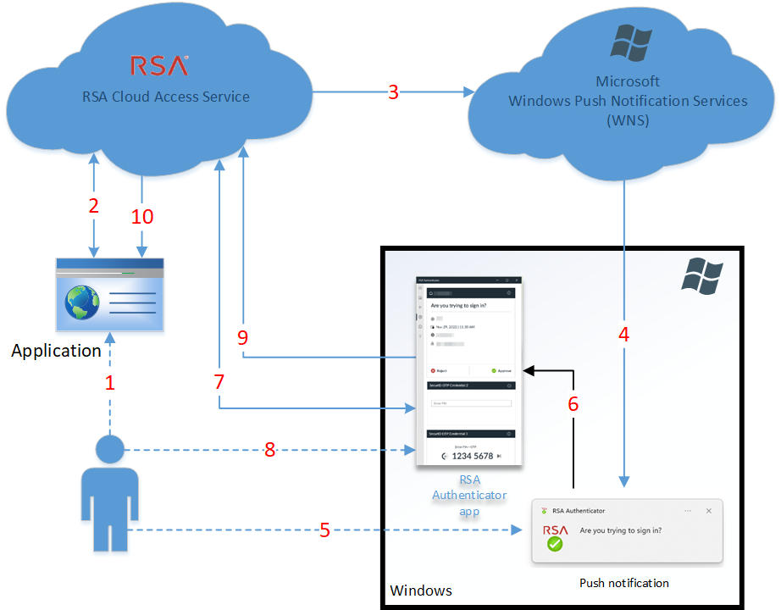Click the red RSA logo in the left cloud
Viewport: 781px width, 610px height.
coord(158,65)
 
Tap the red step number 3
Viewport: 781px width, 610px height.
coord(393,92)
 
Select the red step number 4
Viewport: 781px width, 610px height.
coord(623,334)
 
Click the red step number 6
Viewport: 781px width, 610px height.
coord(573,404)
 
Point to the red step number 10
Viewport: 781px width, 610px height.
coord(142,217)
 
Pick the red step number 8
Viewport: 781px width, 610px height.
coord(269,450)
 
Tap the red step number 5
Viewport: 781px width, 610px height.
coord(324,531)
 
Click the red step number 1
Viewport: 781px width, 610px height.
coord(109,382)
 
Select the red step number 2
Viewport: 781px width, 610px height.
coord(93,205)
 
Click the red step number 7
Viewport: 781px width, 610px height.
coord(219,382)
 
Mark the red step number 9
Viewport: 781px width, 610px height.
coord(243,337)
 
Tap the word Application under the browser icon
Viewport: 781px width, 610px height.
coord(56,350)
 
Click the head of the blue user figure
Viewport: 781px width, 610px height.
coord(110,450)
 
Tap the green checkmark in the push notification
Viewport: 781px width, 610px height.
coord(555,544)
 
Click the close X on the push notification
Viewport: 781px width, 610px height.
coord(709,511)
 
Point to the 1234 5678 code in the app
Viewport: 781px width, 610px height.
coord(472,456)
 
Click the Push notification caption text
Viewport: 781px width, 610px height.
coord(624,583)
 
